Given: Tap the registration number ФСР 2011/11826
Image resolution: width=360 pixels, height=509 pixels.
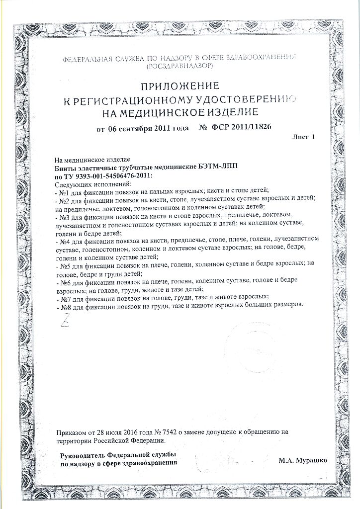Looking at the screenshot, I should point(242,129).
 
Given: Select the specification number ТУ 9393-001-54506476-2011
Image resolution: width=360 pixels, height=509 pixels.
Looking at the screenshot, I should point(108,176).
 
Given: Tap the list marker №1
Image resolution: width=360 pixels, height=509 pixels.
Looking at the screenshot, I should point(63,191).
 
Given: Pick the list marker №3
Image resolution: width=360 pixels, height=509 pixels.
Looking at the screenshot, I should point(63,217).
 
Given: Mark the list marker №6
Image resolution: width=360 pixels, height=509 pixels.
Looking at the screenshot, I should point(63,282).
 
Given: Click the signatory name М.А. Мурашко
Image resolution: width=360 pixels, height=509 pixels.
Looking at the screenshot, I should point(303,461).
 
